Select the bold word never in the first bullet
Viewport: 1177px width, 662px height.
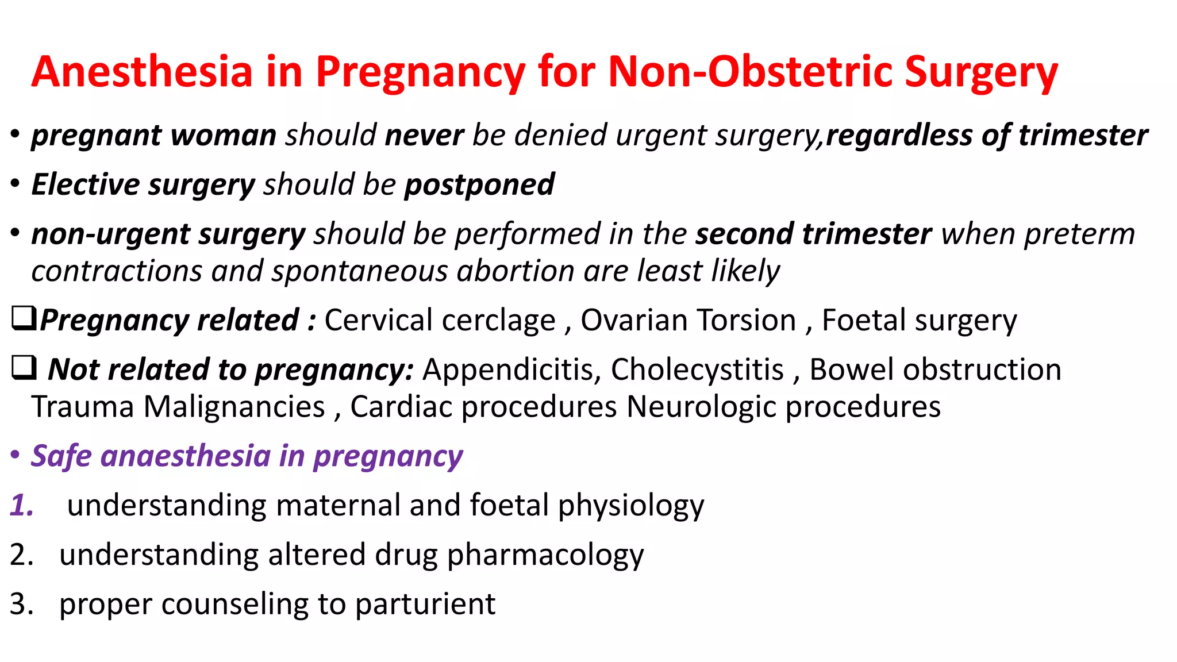point(424,136)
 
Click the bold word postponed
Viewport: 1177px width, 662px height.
point(479,185)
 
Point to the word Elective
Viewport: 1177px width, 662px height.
point(85,185)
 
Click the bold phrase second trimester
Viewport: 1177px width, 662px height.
point(813,234)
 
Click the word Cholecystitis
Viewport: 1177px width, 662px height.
point(697,370)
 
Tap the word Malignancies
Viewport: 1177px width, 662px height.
point(234,407)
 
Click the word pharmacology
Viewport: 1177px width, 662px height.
point(545,556)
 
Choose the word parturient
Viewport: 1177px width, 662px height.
point(425,605)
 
